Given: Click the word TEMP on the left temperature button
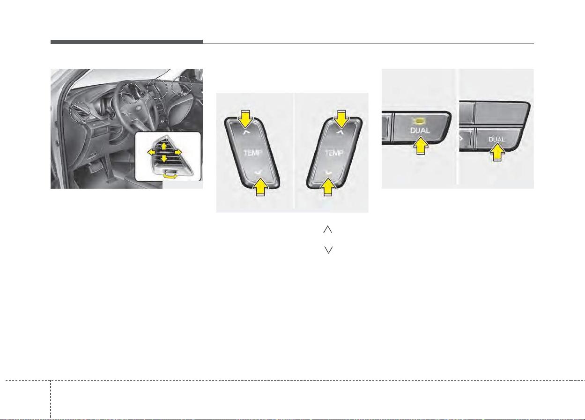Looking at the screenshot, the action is [x=252, y=153].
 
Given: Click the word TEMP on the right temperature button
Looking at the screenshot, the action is [x=334, y=153].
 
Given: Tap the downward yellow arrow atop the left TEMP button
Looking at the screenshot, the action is [x=245, y=119].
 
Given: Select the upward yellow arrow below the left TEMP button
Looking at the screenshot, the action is [x=260, y=187].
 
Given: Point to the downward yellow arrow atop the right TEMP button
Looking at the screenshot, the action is [x=341, y=119].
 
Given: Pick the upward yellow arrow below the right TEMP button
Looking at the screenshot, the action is [x=328, y=187].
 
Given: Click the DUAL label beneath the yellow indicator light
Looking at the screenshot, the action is [x=420, y=131].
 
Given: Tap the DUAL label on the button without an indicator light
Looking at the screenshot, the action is [x=497, y=140].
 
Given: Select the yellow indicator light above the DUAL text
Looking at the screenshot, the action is [x=419, y=121].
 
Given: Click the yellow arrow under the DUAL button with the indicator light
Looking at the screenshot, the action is [x=421, y=146].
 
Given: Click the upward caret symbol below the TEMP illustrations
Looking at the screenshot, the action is [x=328, y=229].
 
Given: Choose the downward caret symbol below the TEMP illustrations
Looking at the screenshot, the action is [x=328, y=250].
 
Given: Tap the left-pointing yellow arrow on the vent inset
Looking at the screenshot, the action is [x=151, y=152].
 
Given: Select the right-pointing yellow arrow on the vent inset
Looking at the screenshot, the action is [x=178, y=152].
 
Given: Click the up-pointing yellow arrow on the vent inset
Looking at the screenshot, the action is [x=164, y=146].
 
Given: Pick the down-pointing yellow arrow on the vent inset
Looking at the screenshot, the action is [x=164, y=158].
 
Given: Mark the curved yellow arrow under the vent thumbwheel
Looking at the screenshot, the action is [x=170, y=177].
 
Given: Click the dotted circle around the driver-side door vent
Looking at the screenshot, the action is [x=80, y=112].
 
